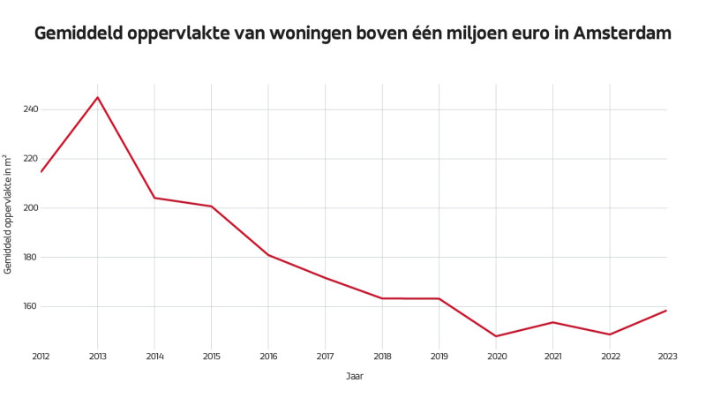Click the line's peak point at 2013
coord(98,97)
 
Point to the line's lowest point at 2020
coord(496,336)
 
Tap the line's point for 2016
coord(268,255)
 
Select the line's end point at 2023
coord(666,311)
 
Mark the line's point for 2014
coord(154,198)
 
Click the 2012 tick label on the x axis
coord(41,357)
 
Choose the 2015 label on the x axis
coord(211,357)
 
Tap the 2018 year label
coord(382,357)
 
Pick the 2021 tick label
coord(552,357)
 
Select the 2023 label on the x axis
coord(666,357)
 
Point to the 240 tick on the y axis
coord(31,109)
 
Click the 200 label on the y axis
coord(31,208)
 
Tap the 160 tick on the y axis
coord(31,306)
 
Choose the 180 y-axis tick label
coord(31,258)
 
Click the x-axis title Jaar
coord(354,376)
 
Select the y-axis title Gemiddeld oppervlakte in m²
coord(8,214)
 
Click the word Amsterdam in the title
coord(622,34)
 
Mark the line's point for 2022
coord(610,334)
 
